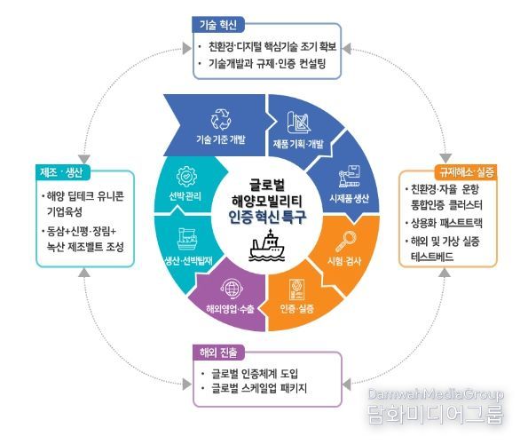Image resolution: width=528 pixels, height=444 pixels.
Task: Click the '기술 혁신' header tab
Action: [218, 25]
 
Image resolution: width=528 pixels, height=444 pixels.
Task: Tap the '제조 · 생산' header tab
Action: [63, 172]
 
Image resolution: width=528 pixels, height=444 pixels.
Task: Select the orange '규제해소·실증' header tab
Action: [466, 172]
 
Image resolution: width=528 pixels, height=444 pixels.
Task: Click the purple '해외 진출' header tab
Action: [218, 353]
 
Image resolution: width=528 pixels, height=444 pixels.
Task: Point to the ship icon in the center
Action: [267, 245]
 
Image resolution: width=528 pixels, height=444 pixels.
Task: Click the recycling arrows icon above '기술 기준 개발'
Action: [221, 119]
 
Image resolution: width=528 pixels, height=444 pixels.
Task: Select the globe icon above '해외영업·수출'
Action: [232, 289]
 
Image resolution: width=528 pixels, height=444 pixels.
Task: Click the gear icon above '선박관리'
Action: [186, 177]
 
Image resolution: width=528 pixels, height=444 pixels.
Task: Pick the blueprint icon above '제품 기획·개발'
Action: [299, 123]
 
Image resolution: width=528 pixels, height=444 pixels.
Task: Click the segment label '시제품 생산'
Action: [350, 198]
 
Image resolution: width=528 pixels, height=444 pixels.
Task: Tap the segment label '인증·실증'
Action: [297, 308]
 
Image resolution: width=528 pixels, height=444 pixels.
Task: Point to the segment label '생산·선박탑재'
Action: [188, 261]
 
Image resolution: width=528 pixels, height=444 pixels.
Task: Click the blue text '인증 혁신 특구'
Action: [267, 218]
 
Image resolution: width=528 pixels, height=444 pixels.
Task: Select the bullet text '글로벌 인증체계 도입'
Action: [255, 373]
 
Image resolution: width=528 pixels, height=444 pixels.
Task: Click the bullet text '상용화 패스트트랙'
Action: [446, 223]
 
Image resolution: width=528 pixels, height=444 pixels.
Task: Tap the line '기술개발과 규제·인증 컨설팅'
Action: [267, 63]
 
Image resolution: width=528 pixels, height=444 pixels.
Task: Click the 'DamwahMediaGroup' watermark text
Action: [436, 394]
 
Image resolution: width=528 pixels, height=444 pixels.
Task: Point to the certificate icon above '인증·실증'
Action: [297, 289]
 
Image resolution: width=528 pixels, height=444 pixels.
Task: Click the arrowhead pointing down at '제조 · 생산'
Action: [83, 159]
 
